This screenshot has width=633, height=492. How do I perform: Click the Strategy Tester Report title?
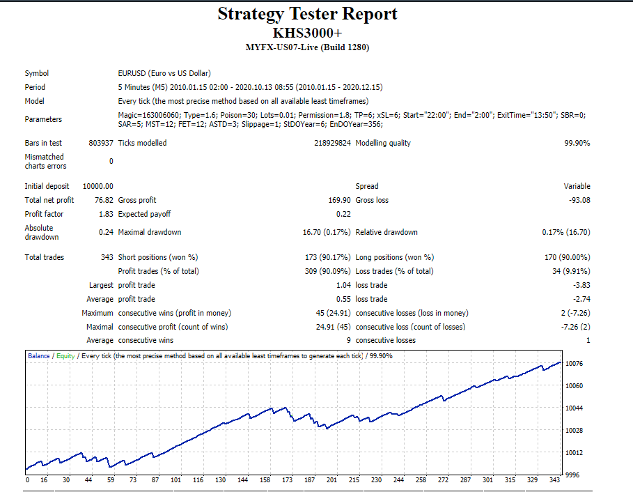pyautogui.click(x=307, y=14)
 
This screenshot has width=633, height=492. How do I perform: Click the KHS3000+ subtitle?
pyautogui.click(x=307, y=33)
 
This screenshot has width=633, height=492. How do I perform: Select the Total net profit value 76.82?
pyautogui.click(x=104, y=200)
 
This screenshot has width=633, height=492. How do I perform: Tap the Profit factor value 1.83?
pyautogui.click(x=106, y=214)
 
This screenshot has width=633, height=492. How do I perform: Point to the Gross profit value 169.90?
pyautogui.click(x=340, y=200)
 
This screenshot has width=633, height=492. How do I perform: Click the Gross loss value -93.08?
pyautogui.click(x=579, y=200)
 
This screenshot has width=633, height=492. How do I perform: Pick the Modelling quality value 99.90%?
pyautogui.click(x=577, y=143)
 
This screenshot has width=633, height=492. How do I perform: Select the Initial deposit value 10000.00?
pyautogui.click(x=97, y=186)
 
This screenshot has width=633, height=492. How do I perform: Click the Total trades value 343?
pyautogui.click(x=107, y=257)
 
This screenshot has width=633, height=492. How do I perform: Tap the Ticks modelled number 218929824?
pyautogui.click(x=332, y=143)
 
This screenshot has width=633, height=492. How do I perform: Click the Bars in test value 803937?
pyautogui.click(x=101, y=143)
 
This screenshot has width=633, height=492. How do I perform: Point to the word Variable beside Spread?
pyautogui.click(x=577, y=186)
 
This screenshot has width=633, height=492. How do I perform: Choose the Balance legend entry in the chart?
pyautogui.click(x=39, y=356)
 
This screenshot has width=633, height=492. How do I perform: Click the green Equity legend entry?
pyautogui.click(x=65, y=356)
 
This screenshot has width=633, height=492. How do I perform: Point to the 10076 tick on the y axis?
pyautogui.click(x=574, y=364)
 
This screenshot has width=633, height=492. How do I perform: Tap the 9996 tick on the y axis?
pyautogui.click(x=572, y=475)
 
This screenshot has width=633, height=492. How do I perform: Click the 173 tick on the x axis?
pyautogui.click(x=287, y=480)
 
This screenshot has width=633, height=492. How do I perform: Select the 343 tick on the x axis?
pyautogui.click(x=555, y=480)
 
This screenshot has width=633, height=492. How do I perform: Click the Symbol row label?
pyautogui.click(x=37, y=73)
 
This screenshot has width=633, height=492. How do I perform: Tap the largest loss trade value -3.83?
pyautogui.click(x=581, y=285)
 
